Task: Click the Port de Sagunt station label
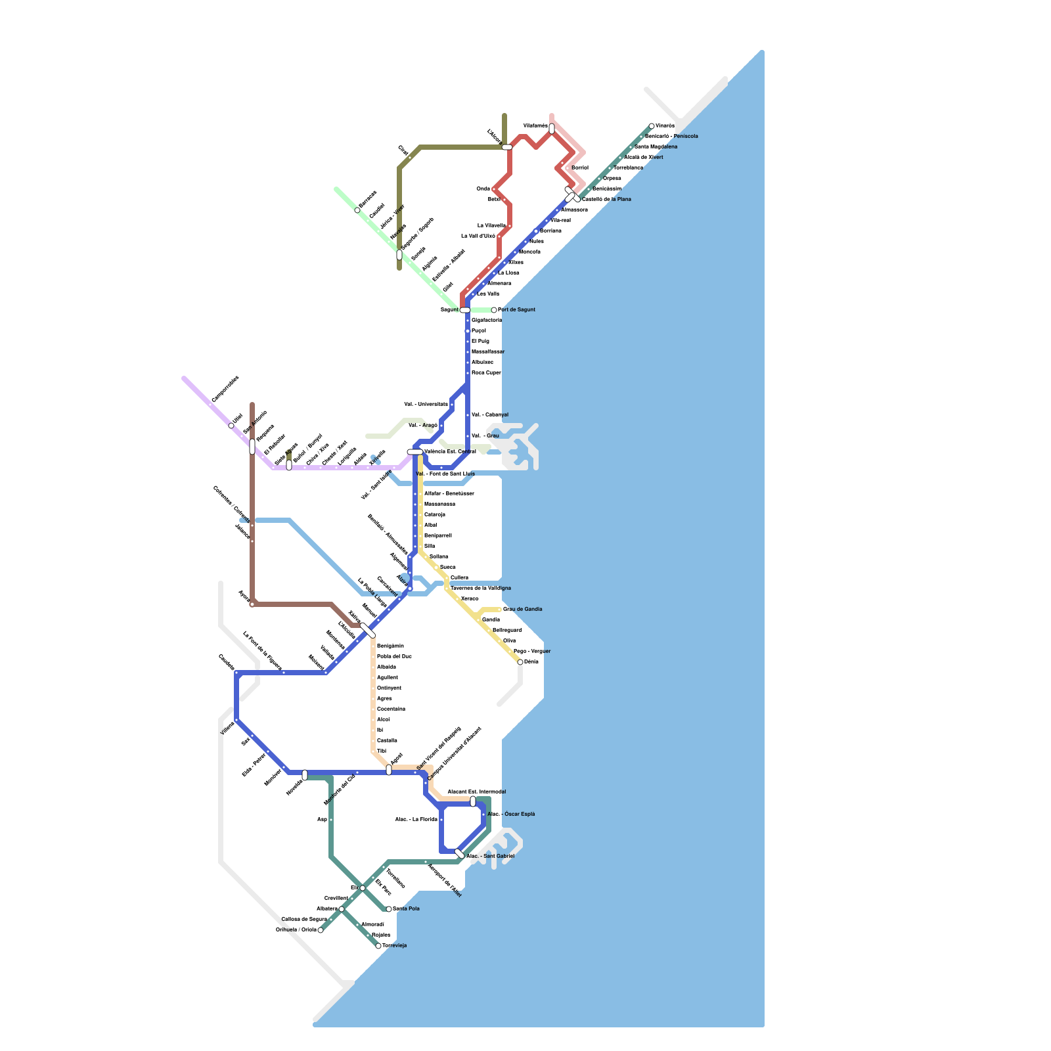click(516, 309)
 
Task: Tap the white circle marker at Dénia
click(520, 662)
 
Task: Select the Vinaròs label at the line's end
click(665, 125)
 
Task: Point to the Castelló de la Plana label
click(606, 199)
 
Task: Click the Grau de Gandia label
click(523, 609)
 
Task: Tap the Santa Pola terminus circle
click(389, 909)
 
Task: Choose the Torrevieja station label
click(395, 945)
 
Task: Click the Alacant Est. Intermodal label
click(476, 792)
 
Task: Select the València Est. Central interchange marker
click(415, 452)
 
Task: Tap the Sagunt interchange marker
click(465, 309)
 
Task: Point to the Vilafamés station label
click(535, 125)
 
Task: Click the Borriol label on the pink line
click(580, 168)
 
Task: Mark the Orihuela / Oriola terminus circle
click(321, 930)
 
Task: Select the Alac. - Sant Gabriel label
click(490, 856)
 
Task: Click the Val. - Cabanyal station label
click(490, 414)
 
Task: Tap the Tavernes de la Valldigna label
click(481, 588)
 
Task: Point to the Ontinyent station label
click(389, 688)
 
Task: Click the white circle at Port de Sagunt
click(494, 310)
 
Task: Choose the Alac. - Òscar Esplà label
click(511, 814)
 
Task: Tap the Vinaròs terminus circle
click(652, 126)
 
